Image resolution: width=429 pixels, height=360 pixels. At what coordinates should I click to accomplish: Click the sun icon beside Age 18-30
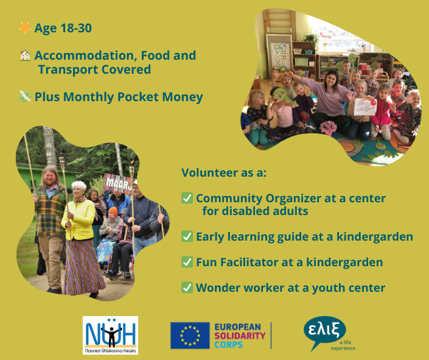tap(25, 27)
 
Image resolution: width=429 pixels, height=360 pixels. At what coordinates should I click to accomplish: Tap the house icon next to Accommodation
tap(25, 55)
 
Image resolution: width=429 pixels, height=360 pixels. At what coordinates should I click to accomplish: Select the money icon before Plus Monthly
tap(25, 96)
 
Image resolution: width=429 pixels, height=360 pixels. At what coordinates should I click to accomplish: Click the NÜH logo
tap(110, 336)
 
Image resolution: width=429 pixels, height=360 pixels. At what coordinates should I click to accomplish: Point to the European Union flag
tap(190, 336)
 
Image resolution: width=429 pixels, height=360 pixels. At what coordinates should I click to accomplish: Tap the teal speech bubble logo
tap(325, 331)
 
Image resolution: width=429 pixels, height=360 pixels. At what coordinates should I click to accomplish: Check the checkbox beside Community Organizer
tap(187, 198)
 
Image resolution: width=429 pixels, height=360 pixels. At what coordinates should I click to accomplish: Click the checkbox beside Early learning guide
tap(187, 236)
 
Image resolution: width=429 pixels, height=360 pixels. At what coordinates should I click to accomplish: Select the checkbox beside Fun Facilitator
tap(187, 262)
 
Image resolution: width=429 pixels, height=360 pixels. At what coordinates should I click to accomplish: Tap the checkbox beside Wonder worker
tap(187, 288)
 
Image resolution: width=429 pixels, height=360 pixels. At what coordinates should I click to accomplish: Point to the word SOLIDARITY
tap(240, 336)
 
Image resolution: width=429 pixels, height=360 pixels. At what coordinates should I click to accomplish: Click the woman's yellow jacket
tap(78, 219)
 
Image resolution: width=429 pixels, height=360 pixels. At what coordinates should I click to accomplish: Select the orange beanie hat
tap(113, 211)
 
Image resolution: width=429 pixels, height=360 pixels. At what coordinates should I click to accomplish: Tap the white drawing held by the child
tap(365, 107)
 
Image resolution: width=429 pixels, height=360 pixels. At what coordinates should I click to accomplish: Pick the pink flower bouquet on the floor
tap(328, 128)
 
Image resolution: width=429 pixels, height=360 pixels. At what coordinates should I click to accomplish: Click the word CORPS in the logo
tap(228, 344)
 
